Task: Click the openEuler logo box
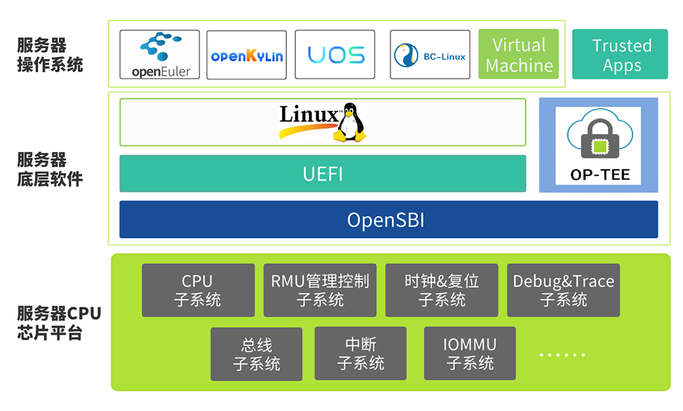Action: (160, 55)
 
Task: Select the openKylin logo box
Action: (247, 55)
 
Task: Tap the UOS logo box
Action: (335, 55)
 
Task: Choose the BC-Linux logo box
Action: (430, 55)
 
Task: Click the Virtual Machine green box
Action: (518, 55)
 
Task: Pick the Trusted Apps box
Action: (619, 55)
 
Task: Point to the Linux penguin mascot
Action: (348, 123)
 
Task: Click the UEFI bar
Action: (322, 174)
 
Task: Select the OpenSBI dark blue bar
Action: (389, 220)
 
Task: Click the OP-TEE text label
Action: (599, 175)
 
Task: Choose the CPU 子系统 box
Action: (198, 290)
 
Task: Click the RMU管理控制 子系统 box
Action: (320, 290)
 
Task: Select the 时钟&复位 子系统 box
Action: (441, 290)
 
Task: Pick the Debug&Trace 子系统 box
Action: (563, 290)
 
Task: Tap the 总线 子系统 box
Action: (256, 354)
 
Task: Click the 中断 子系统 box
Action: (361, 354)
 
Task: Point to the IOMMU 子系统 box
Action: (470, 354)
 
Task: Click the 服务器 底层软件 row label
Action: (50, 170)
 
